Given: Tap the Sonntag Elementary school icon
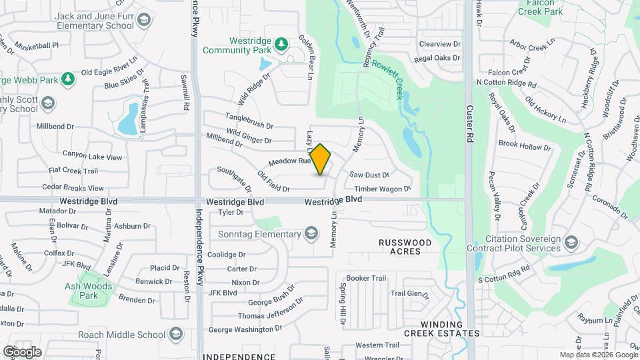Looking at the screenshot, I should pos(311,233).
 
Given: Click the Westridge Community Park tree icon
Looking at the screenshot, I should pos(282,44).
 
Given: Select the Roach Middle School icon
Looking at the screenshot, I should pos(176,334).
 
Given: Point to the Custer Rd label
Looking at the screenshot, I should pos(469,121).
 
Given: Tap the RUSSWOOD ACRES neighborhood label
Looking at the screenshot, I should pos(405,247).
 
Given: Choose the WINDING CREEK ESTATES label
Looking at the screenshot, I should pos(441,333).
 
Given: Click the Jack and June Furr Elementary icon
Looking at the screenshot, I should pos(143,20).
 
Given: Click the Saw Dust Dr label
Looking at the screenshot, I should pos(369,175).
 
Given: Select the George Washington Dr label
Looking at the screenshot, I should pos(245,329).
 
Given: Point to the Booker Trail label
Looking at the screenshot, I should pos(366,278).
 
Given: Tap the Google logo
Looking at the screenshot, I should pos(22,351).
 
